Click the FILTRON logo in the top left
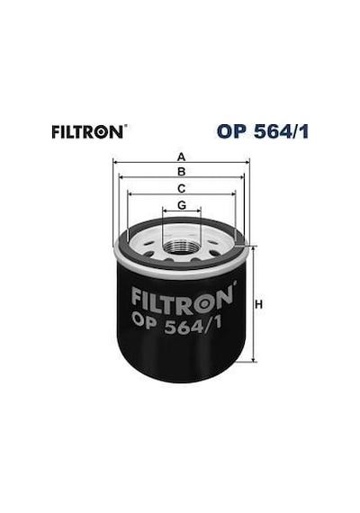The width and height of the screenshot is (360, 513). coord(87,131)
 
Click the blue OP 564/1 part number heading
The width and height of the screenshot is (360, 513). coord(263,131)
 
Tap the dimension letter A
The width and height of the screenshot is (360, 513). coord(181,157)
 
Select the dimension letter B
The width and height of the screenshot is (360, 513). coord(181,171)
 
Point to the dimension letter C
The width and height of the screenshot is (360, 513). coord(181,188)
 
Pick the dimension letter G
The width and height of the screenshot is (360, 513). coord(182,205)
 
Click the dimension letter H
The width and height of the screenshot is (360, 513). coord(258,304)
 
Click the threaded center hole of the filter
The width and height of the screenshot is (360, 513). coord(182,247)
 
